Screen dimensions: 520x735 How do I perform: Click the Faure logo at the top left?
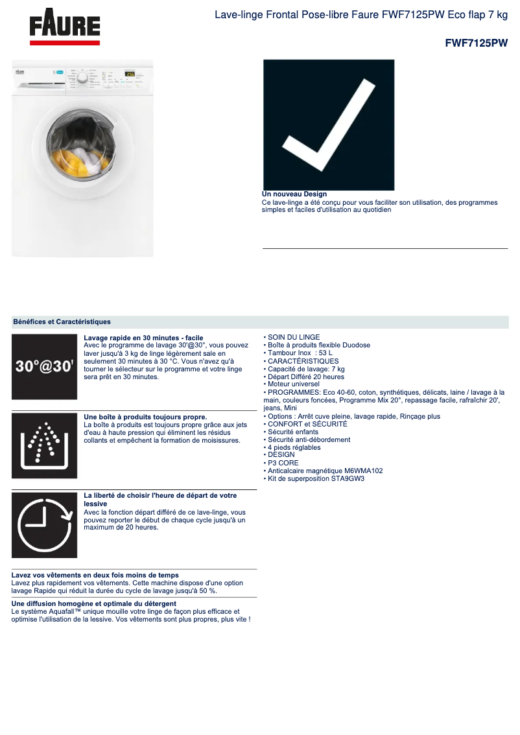coord(65,28)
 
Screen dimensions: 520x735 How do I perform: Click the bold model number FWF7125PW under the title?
coord(476,43)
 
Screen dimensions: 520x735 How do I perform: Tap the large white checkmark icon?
coord(329,124)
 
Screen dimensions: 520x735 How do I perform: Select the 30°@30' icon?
coord(44,366)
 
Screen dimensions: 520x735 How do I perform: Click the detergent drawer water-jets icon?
coord(44,445)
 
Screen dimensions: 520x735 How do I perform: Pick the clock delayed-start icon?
coord(44,525)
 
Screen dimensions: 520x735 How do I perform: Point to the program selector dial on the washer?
coord(83,78)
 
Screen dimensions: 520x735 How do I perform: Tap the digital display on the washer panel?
coord(130,74)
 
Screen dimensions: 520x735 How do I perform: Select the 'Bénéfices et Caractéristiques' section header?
coord(62,321)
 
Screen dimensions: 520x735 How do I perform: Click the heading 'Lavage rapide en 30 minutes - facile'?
coord(143,338)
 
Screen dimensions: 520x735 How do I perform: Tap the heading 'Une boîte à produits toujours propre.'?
coord(146,417)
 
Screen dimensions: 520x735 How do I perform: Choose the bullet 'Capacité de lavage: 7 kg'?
coord(304,369)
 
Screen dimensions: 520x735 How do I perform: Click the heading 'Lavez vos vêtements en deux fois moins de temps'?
coord(95,575)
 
